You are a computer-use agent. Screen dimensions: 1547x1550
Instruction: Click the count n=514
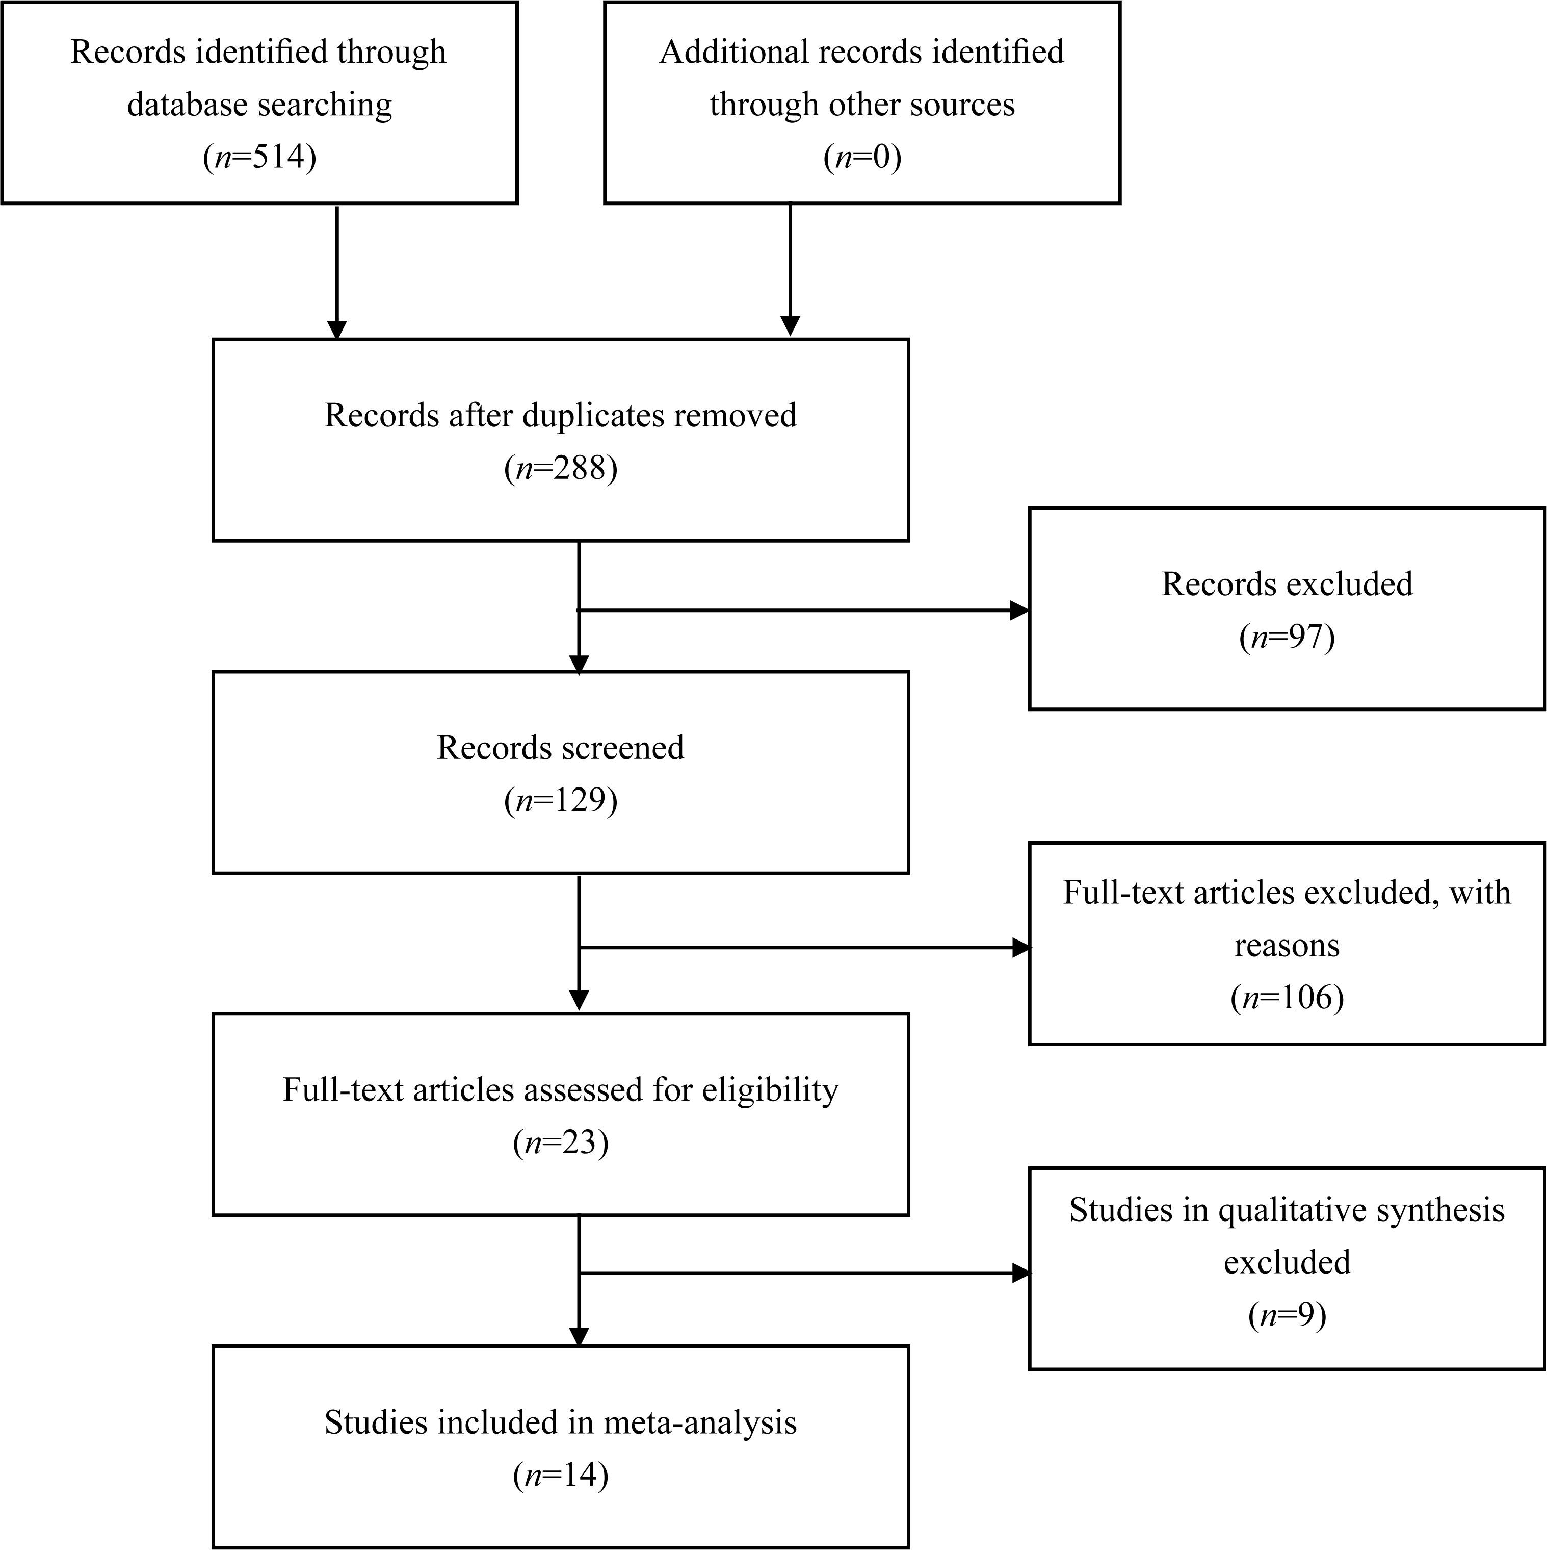pyautogui.click(x=259, y=157)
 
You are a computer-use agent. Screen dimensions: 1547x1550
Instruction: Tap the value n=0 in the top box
pyautogui.click(x=862, y=157)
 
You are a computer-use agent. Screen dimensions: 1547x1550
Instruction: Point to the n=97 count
pyautogui.click(x=1287, y=636)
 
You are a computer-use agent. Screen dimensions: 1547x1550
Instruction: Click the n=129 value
pyautogui.click(x=561, y=800)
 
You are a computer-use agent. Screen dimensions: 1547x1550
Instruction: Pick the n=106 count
pyautogui.click(x=1287, y=997)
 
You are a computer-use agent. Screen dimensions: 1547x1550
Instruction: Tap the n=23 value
pyautogui.click(x=561, y=1141)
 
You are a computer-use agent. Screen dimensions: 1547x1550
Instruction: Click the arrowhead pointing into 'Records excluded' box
pyautogui.click(x=1019, y=611)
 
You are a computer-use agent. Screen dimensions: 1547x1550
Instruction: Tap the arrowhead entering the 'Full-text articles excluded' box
pyautogui.click(x=1021, y=948)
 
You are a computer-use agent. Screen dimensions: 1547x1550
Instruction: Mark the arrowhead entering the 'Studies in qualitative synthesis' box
pyautogui.click(x=1021, y=1273)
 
